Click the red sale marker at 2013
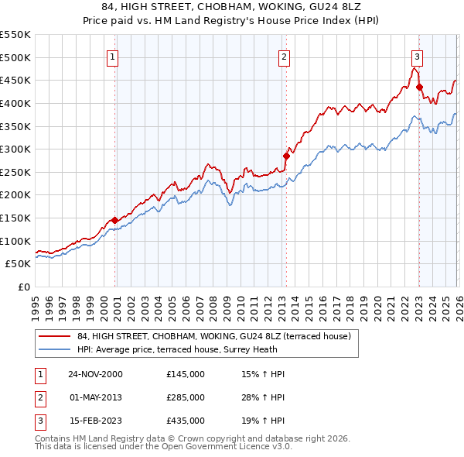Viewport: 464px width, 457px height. [x=285, y=156]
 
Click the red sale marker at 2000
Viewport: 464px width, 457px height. [x=115, y=220]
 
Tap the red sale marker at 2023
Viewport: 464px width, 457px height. [x=419, y=87]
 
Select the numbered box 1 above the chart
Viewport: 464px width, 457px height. [x=113, y=56]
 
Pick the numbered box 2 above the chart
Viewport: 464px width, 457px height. [x=284, y=56]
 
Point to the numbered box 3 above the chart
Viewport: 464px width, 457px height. [x=417, y=56]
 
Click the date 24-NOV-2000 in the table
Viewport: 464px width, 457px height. [x=95, y=374]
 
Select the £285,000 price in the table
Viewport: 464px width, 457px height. [x=186, y=397]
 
